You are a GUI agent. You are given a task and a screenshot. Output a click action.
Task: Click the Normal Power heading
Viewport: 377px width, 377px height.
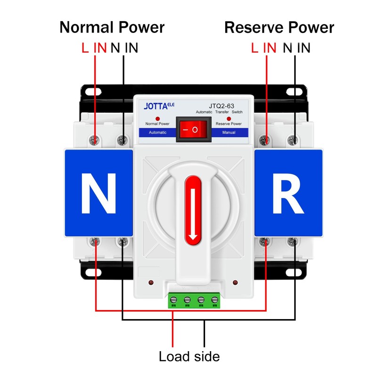click(112, 27)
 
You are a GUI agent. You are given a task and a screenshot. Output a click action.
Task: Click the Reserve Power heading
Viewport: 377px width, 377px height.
click(279, 27)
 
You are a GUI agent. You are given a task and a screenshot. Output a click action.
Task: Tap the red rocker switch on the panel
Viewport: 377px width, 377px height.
click(194, 129)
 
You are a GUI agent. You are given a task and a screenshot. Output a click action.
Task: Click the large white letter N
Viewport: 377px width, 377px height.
click(98, 194)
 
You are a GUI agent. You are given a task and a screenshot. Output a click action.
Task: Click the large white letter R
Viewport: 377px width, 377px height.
click(288, 194)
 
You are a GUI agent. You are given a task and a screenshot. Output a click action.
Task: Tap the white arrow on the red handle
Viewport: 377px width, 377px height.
click(193, 213)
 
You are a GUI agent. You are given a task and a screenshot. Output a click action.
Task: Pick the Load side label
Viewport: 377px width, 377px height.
click(189, 356)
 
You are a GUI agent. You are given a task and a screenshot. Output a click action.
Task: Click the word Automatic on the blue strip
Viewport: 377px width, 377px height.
click(157, 132)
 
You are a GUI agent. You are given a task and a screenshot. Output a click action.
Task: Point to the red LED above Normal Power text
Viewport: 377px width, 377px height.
click(157, 118)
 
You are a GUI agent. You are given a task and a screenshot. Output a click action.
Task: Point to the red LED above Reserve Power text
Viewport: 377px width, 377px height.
click(229, 118)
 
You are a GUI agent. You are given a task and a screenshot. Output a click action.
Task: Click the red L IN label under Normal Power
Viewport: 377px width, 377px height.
click(94, 48)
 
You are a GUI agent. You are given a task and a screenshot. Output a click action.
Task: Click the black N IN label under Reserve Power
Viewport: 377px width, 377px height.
click(296, 48)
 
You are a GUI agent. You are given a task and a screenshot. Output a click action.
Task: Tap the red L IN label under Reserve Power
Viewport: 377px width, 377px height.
click(263, 48)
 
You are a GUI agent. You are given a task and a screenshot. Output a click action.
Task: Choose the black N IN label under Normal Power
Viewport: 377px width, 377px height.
click(124, 48)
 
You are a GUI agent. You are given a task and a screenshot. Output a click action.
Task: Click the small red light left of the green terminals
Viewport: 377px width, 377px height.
click(151, 283)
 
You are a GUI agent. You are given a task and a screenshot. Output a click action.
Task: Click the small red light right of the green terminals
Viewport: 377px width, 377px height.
click(235, 283)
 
